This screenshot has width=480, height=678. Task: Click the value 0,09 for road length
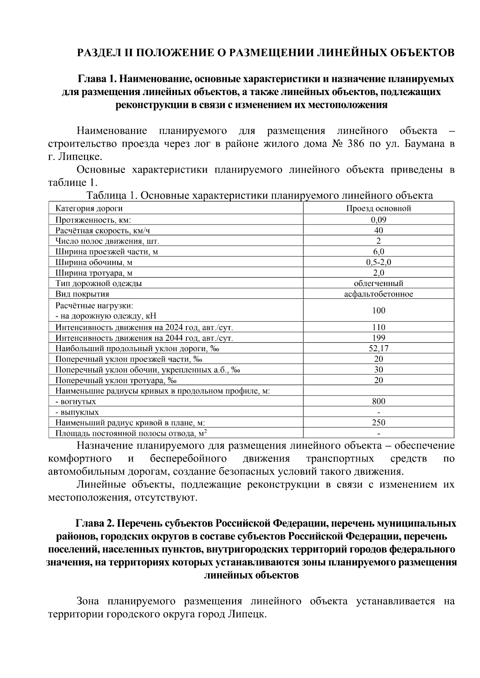(x=378, y=219)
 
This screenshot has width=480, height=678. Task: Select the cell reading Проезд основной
(x=378, y=208)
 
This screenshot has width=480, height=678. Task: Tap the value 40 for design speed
(x=378, y=230)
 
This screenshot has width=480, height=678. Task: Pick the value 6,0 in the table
(x=378, y=252)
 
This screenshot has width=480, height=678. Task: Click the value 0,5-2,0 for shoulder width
(x=378, y=262)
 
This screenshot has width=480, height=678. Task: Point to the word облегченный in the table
(x=378, y=283)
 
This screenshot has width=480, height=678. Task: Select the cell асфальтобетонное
(x=378, y=294)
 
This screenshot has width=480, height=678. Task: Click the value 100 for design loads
(x=378, y=310)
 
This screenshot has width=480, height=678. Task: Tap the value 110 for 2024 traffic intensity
(x=378, y=327)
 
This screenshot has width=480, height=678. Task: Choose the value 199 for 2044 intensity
(x=378, y=338)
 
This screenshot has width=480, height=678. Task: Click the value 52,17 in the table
(x=378, y=348)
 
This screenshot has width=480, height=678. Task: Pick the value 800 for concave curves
(x=378, y=401)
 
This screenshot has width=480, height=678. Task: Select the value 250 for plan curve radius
(x=378, y=422)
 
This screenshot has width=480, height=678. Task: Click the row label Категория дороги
(x=89, y=208)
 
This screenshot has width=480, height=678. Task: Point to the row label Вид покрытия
(x=82, y=294)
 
